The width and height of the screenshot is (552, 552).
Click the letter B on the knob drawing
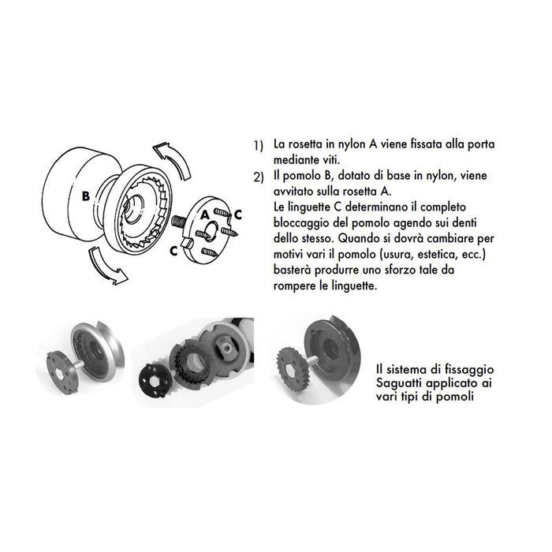coord(84,195)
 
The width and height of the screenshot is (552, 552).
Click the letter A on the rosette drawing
coord(204,214)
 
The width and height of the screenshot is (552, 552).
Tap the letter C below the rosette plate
coord(173,252)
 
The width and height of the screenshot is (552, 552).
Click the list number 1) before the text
coord(258,147)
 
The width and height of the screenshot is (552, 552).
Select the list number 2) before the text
coord(258,177)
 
